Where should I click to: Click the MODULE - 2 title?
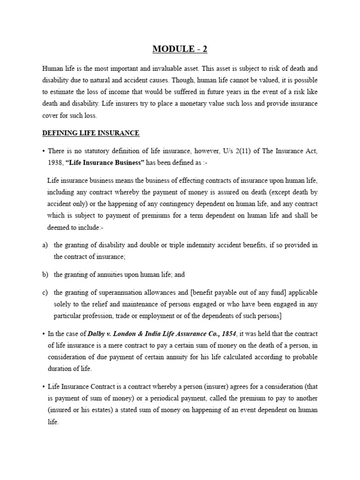coord(180,49)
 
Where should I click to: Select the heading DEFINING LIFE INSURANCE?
coord(90,133)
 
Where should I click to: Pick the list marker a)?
coord(45,245)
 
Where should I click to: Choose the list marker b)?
coord(45,275)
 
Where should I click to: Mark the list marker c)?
coord(45,292)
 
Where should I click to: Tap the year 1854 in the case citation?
coord(229,334)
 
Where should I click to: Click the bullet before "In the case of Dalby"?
coord(43,334)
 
